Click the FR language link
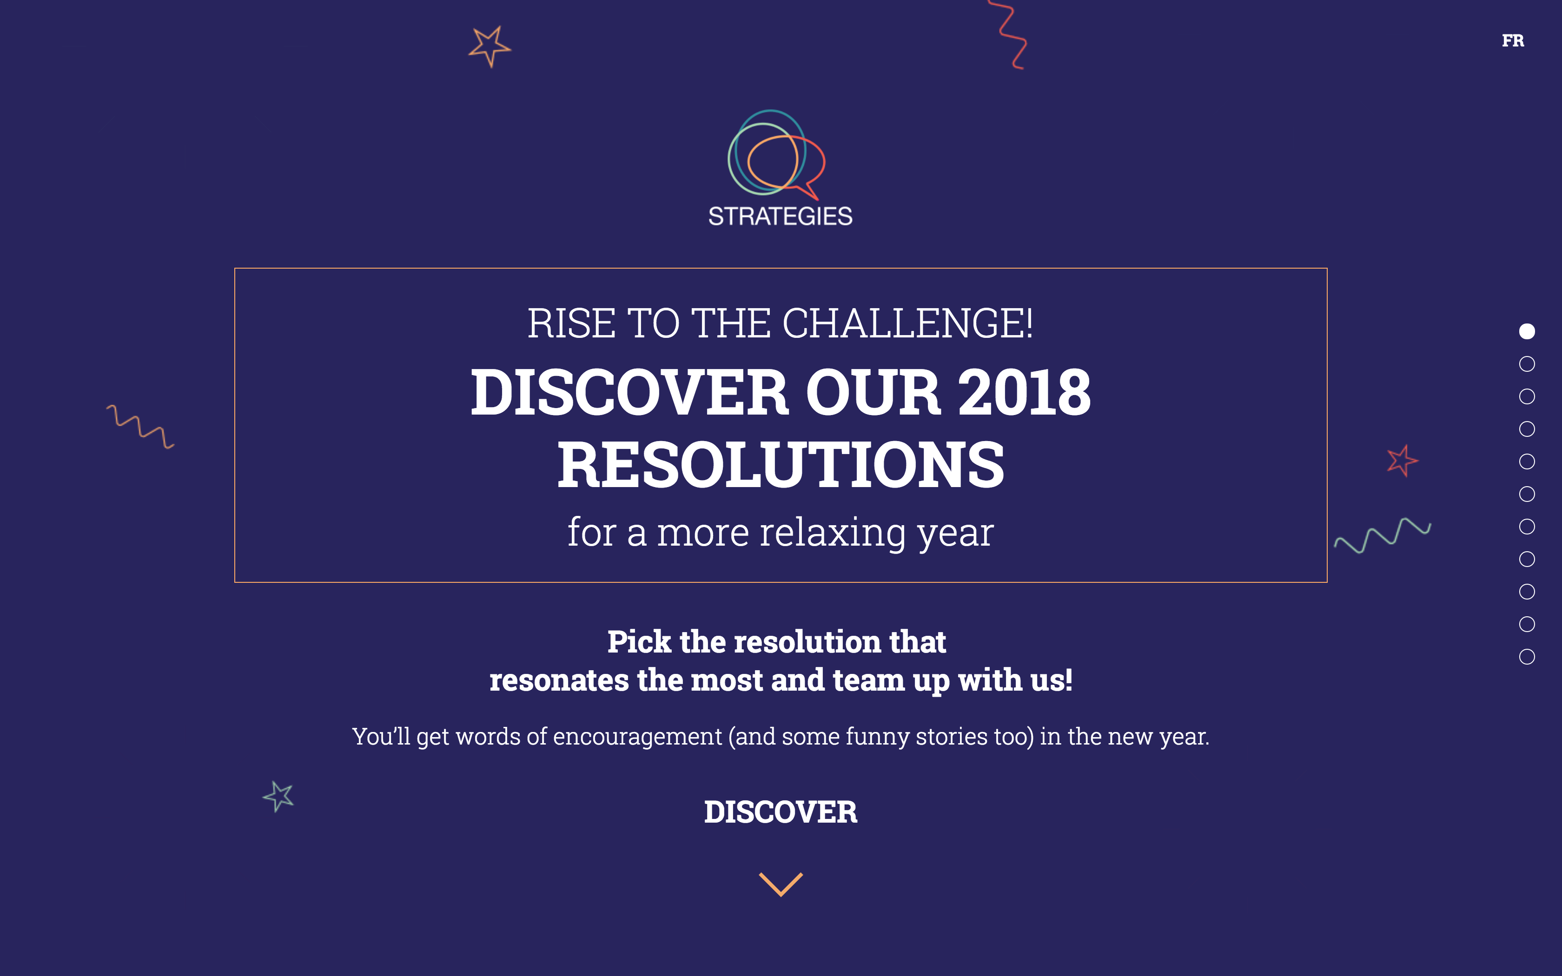(x=1512, y=41)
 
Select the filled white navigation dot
(x=1527, y=331)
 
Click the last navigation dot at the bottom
(x=1527, y=656)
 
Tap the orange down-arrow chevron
(x=781, y=884)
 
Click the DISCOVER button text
(x=781, y=812)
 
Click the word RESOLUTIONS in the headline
(x=781, y=465)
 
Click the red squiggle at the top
(x=1011, y=35)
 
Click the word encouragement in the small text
(x=636, y=737)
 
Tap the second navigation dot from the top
(x=1527, y=364)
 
